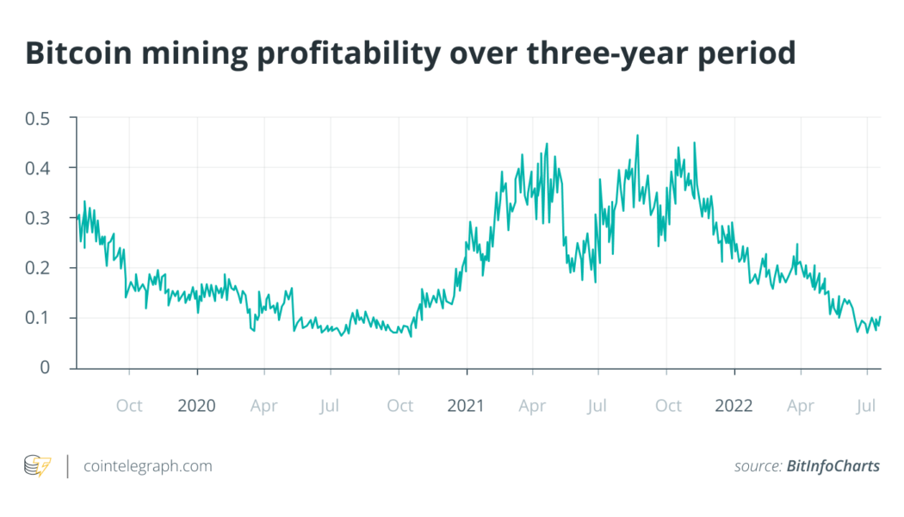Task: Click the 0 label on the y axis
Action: [57, 368]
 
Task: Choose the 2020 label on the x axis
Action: [197, 405]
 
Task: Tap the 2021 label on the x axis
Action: [466, 405]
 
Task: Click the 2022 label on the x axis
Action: [734, 405]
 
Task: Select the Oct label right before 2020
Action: [129, 405]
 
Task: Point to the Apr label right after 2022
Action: [801, 405]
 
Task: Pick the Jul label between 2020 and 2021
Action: [331, 405]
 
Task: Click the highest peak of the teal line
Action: [637, 135]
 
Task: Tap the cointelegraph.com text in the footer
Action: [147, 466]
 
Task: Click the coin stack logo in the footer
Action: [37, 466]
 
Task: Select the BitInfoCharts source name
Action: [833, 466]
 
